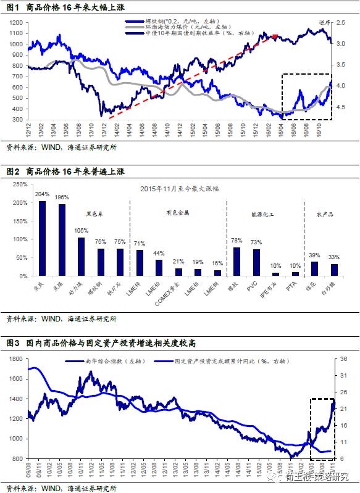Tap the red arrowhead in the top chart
point(275,37)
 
